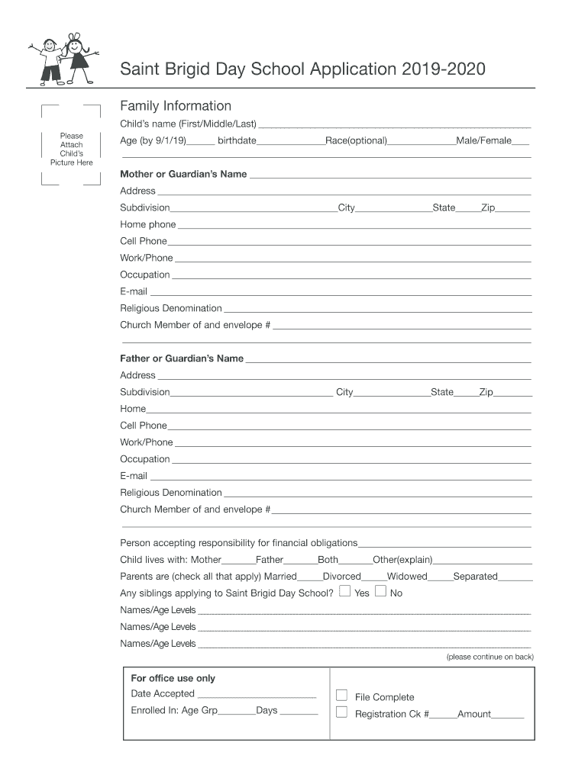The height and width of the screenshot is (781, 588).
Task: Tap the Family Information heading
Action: (x=176, y=106)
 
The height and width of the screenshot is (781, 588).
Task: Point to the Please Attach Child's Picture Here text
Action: (x=72, y=149)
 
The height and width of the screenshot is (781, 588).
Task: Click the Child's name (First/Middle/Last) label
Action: (x=188, y=124)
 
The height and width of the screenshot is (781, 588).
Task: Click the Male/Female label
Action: (x=483, y=141)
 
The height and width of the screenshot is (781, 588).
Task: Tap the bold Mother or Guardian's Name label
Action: (x=183, y=174)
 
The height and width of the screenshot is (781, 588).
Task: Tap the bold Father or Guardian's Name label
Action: (x=182, y=358)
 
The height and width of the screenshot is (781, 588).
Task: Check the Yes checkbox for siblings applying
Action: (x=345, y=592)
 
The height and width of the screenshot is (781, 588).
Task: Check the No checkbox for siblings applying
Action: (x=380, y=592)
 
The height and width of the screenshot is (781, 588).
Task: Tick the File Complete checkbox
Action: (x=341, y=696)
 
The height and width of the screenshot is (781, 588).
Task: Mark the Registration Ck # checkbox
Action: (x=341, y=713)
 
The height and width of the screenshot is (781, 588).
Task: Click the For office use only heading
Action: (x=173, y=678)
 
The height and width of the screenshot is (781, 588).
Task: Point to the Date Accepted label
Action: (x=163, y=694)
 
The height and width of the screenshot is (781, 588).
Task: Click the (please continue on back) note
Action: (x=489, y=657)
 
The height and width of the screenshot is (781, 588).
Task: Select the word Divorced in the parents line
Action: (x=341, y=577)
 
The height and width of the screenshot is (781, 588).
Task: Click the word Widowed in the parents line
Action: (x=407, y=577)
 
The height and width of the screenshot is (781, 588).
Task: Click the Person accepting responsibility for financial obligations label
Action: (x=238, y=543)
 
